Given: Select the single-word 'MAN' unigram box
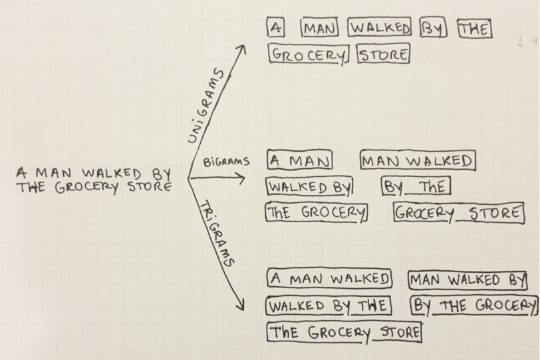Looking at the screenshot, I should coord(320,28).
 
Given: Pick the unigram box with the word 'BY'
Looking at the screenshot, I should coord(434,29).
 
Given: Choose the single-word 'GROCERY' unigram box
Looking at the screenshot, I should coord(309,54).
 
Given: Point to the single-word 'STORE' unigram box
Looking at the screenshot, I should coord(384,54).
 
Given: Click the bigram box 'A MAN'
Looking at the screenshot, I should coord(299,161).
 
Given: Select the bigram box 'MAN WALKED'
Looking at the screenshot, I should coord(418,161).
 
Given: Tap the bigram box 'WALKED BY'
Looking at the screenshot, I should coord(309,187).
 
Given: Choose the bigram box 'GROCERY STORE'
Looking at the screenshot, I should coord(458,214).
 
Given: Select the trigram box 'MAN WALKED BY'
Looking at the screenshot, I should coord(468,279).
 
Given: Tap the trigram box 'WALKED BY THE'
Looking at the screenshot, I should coord(329,306).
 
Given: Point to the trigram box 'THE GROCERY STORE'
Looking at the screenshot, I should coord(344,332).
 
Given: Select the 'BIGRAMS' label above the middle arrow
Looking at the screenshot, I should coord(227,161).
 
